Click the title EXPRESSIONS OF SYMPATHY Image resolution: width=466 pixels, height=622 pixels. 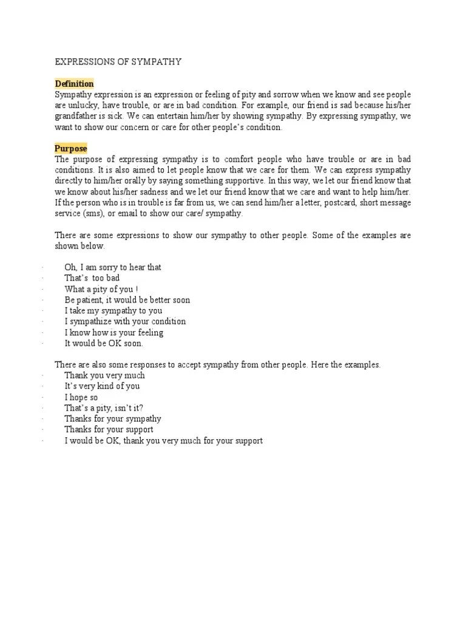tap(118, 61)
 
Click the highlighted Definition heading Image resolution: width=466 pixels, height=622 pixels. tap(74, 84)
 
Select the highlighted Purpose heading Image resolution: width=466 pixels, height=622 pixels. tap(71, 148)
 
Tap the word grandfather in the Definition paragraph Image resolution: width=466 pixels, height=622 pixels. tap(77, 117)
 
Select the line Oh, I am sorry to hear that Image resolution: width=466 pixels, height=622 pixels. tap(113, 267)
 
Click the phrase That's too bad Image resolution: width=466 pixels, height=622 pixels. tap(92, 278)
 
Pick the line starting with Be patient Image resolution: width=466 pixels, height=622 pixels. tap(127, 300)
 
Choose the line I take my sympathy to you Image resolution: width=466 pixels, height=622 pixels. tap(113, 311)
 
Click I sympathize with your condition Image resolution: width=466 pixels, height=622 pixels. tap(125, 321)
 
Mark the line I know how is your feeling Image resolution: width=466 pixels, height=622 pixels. tap(114, 333)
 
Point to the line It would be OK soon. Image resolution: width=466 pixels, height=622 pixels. tap(104, 343)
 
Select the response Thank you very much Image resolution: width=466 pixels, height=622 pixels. tap(105, 375)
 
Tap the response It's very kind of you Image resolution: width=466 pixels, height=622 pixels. tap(103, 386)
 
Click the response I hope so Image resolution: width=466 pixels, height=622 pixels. tap(81, 397)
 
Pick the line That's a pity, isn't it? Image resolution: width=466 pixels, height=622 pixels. tap(104, 408)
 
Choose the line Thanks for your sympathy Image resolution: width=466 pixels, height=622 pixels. tap(113, 419)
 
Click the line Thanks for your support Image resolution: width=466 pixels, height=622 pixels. tap(109, 430)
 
